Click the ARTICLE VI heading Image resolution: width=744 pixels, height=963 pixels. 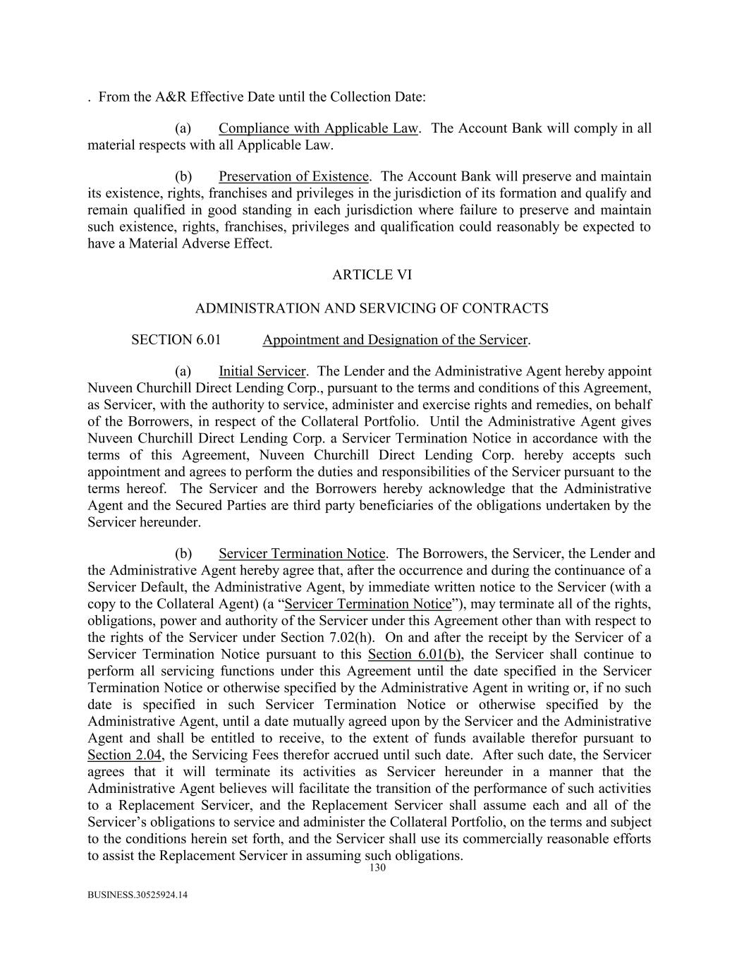click(x=372, y=275)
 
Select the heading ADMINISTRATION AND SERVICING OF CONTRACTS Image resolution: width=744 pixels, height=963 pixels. click(x=372, y=308)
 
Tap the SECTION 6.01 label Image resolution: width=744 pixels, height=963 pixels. click(x=176, y=340)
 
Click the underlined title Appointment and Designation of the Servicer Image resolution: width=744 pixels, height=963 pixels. click(x=395, y=340)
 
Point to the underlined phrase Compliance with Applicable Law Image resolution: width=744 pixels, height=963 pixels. click(x=318, y=128)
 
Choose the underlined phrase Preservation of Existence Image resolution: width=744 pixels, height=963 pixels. click(x=293, y=176)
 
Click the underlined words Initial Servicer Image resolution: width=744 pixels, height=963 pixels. click(x=262, y=371)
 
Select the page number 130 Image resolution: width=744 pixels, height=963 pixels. click(x=377, y=868)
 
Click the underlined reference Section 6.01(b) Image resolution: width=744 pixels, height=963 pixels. click(x=415, y=654)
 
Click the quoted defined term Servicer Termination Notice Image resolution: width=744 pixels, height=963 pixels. click(x=368, y=604)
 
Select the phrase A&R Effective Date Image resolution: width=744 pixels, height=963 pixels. click(x=210, y=97)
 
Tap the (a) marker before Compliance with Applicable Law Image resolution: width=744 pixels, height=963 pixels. click(x=183, y=128)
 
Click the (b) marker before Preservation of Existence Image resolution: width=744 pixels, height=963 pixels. click(x=183, y=176)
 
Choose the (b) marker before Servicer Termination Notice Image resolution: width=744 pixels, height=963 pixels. click(x=183, y=554)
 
